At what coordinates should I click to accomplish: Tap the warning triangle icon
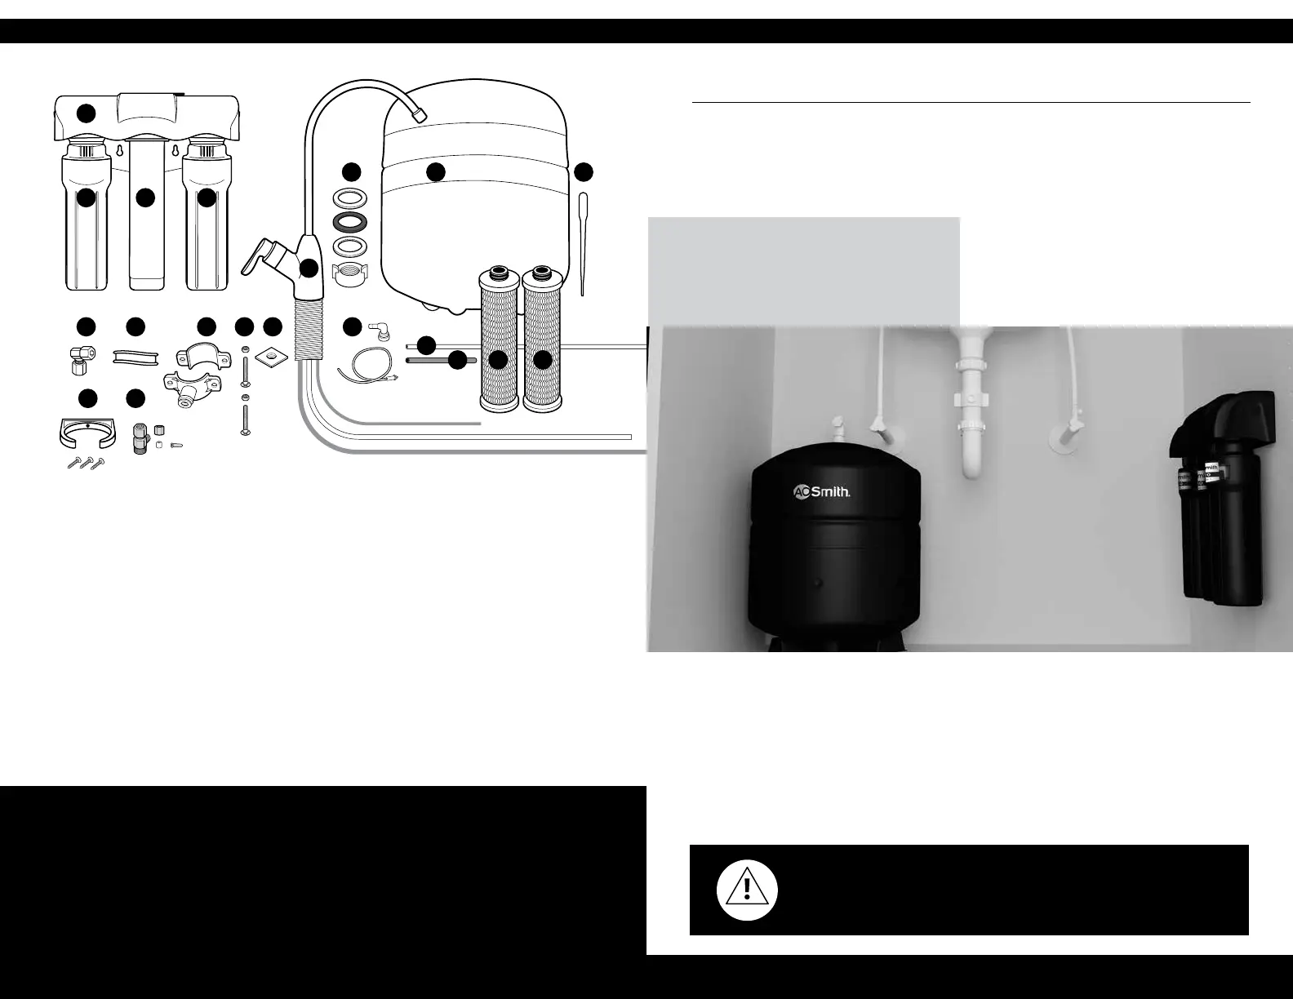point(747,890)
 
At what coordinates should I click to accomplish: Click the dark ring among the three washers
point(350,222)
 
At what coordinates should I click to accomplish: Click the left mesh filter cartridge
point(498,343)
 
